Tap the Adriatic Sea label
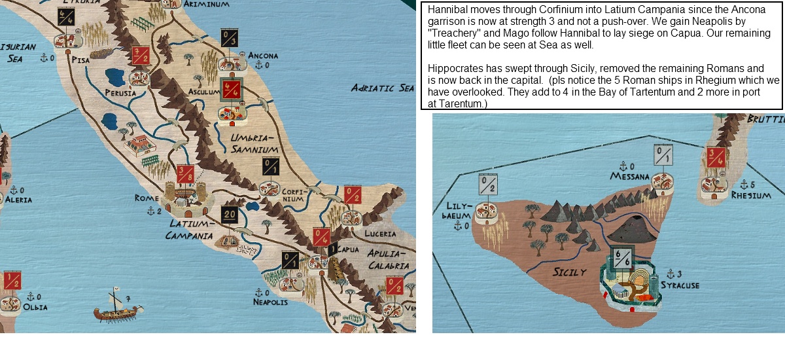382,88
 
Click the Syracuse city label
680,285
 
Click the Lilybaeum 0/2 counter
489,185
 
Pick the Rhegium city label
746,196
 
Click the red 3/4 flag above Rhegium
715,157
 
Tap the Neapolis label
270,302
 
